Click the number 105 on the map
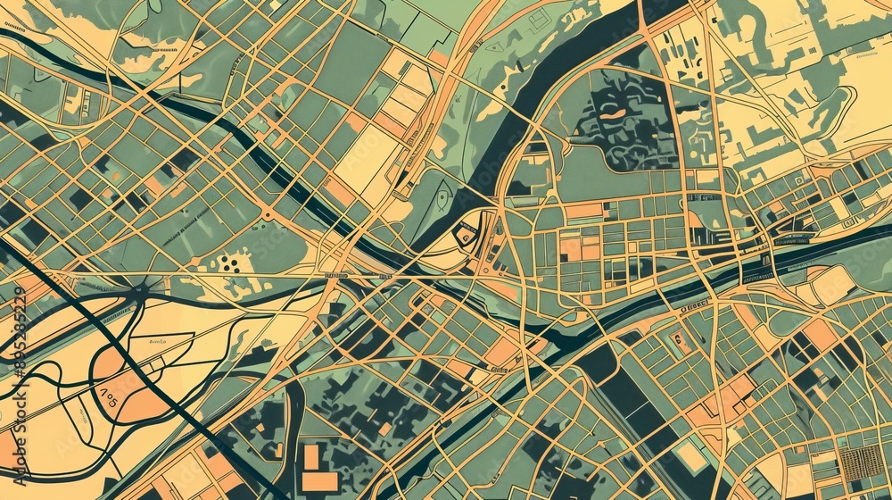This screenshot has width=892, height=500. click(x=105, y=395)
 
